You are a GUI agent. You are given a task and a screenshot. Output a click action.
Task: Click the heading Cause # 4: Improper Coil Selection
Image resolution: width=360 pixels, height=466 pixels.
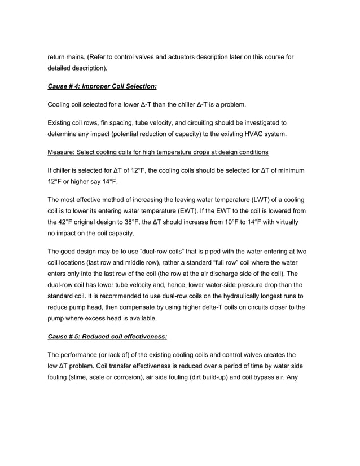(x=102, y=86)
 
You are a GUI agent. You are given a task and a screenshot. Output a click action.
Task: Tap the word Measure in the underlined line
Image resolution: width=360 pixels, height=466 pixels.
(x=62, y=152)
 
